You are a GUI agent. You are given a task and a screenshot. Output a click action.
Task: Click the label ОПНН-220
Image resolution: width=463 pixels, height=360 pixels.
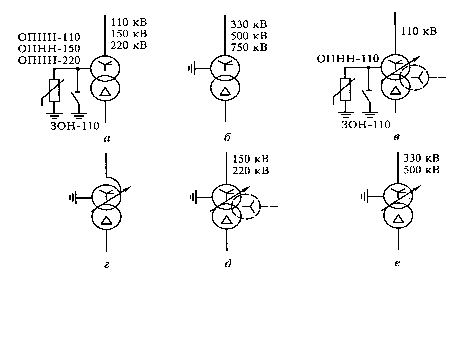click(x=49, y=60)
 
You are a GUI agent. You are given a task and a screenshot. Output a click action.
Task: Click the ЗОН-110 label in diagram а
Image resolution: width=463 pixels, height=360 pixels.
click(x=74, y=126)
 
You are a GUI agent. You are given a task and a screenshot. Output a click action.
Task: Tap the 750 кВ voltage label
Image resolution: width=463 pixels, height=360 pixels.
click(x=249, y=47)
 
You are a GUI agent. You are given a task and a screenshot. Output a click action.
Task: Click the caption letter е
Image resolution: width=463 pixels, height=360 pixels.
click(x=397, y=262)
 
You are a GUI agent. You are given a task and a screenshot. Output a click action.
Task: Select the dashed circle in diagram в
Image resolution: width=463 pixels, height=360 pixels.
click(x=418, y=78)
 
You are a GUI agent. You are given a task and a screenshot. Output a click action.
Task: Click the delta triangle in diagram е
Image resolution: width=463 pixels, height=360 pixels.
click(x=398, y=219)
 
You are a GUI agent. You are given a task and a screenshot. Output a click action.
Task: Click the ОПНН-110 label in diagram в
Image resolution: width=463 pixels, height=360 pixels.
click(x=348, y=60)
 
